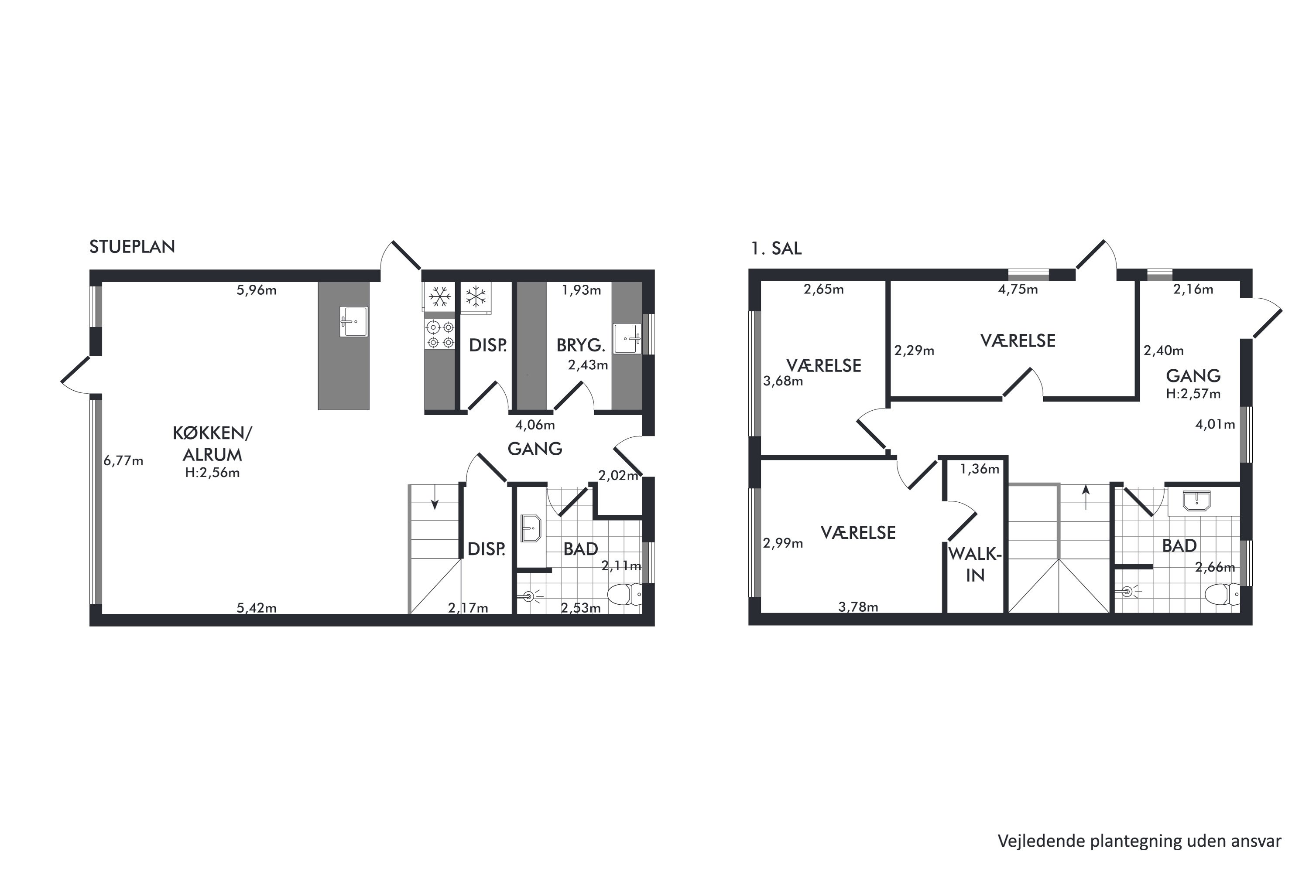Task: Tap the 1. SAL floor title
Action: [x=776, y=249]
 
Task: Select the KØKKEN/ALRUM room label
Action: [x=212, y=444]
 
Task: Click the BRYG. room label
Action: [x=580, y=345]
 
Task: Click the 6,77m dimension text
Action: [x=123, y=460]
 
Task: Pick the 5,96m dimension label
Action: [x=257, y=290]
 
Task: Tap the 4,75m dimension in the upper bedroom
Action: [x=1018, y=289]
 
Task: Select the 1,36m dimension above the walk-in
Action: [x=980, y=469]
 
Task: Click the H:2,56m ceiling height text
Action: [x=212, y=473]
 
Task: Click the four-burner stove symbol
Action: [x=440, y=334]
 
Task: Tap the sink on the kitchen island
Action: [x=353, y=321]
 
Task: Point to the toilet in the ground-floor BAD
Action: [x=624, y=595]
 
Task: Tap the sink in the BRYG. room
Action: [x=627, y=339]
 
